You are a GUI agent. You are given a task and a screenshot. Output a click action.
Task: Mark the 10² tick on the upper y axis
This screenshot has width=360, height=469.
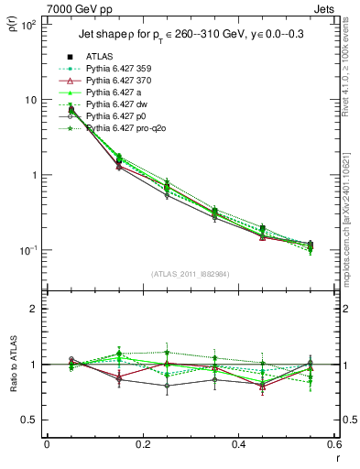click(x=27, y=25)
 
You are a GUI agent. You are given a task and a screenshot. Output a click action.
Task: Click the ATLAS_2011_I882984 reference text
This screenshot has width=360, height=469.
click(x=190, y=274)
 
